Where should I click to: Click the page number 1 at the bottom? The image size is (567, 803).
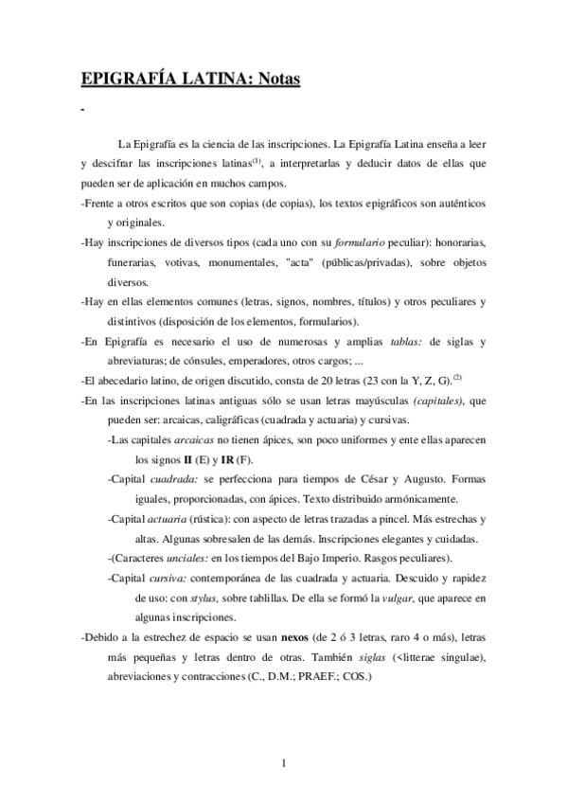click(x=284, y=764)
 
